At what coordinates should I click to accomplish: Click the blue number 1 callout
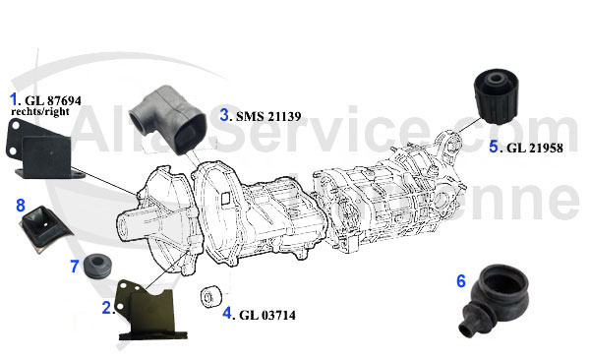(14, 99)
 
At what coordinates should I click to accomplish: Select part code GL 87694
(53, 100)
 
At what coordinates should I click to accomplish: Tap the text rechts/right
(40, 111)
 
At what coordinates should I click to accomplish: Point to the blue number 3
(224, 114)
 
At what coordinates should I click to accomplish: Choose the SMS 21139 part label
(268, 116)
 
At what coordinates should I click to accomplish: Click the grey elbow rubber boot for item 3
(167, 120)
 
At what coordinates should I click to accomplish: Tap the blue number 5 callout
(494, 147)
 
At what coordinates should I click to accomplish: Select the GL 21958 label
(535, 148)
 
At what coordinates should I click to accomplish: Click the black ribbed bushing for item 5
(496, 96)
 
